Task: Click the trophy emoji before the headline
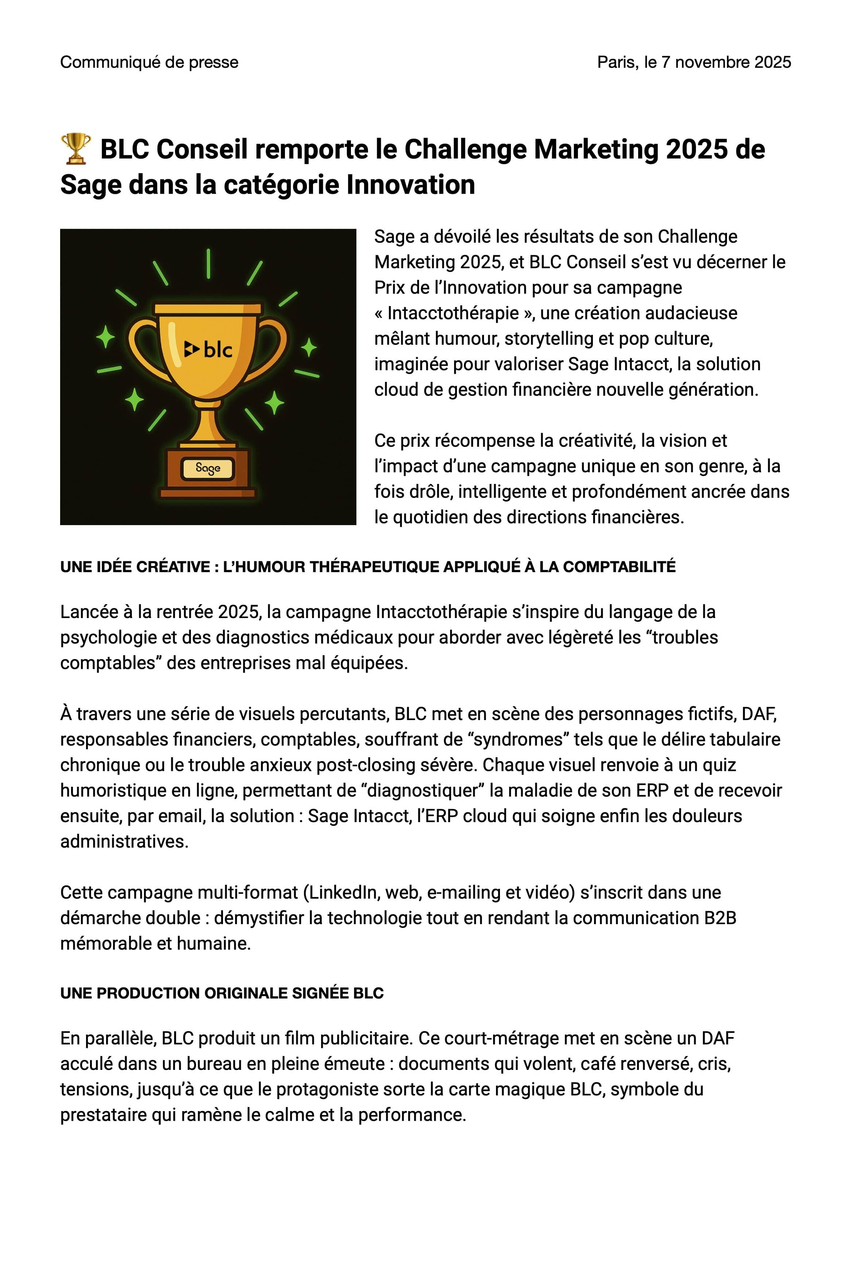click(x=75, y=148)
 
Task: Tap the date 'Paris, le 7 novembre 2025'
click(x=694, y=62)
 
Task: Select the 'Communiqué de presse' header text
click(x=149, y=62)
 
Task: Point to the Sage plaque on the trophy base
click(x=208, y=468)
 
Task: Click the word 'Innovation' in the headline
click(x=410, y=185)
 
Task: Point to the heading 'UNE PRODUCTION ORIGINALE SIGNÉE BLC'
click(x=222, y=993)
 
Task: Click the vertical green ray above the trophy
click(x=208, y=263)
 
